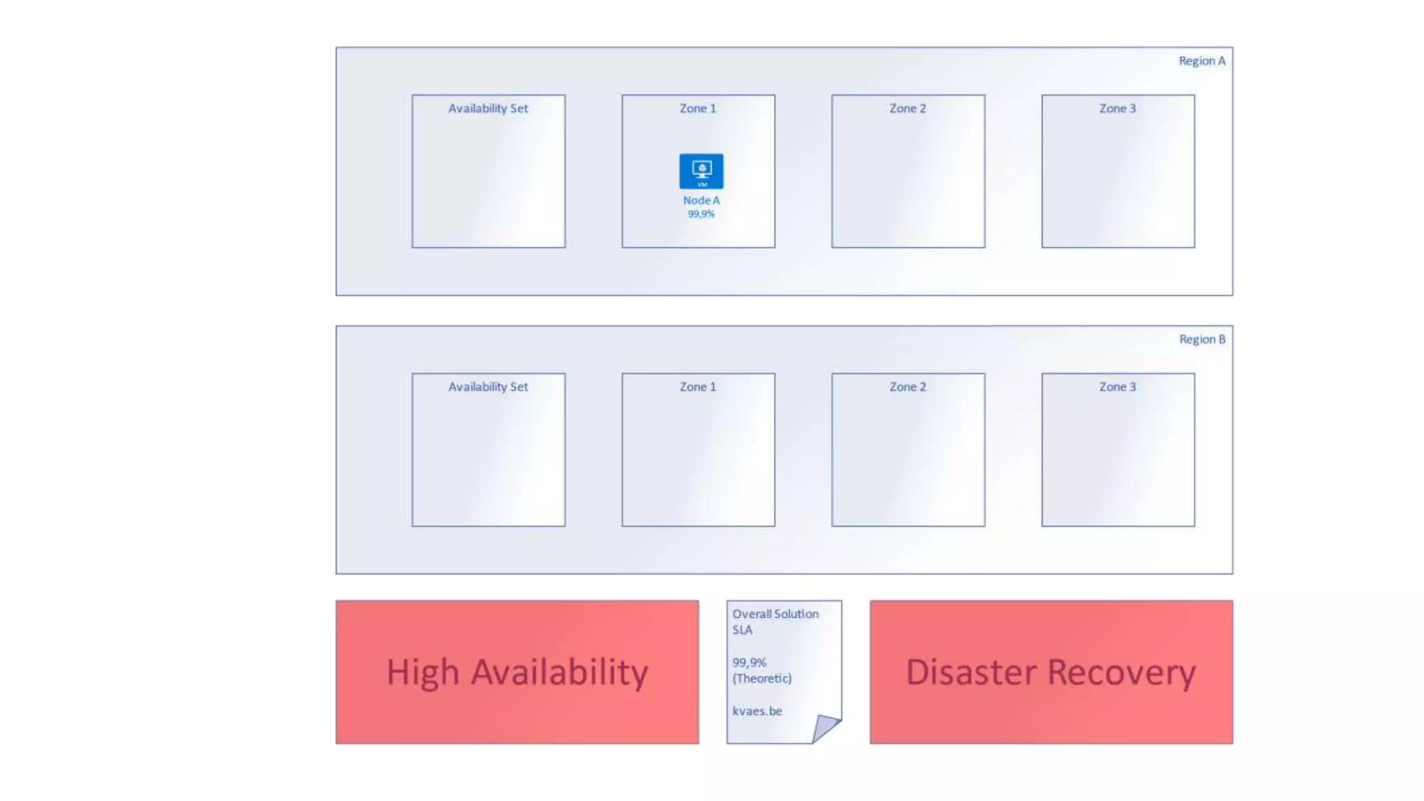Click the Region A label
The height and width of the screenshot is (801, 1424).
point(1201,61)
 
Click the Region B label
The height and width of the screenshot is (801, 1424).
point(1201,339)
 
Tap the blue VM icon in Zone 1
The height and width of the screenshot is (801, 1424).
point(701,171)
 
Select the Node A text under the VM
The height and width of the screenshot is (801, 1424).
point(701,200)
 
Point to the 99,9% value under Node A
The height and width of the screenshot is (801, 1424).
point(701,214)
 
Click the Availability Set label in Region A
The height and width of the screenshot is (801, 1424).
point(488,108)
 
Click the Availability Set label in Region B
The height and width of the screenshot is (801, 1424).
point(488,387)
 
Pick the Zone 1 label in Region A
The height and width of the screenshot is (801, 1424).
point(697,108)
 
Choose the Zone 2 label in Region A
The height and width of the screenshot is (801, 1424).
point(907,108)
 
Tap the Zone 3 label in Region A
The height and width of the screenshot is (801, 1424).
point(1117,108)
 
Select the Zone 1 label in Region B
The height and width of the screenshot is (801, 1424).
point(697,387)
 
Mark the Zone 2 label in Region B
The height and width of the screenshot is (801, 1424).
point(907,387)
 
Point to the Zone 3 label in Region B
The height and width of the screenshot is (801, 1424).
point(1117,387)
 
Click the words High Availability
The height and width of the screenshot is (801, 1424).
point(517,672)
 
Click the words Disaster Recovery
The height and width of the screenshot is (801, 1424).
point(1051,672)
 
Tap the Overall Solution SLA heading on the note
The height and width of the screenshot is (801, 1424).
point(775,622)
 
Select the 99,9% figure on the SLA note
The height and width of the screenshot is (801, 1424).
point(749,663)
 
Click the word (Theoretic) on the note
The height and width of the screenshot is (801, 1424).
point(761,679)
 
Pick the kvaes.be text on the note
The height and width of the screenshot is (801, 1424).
point(757,711)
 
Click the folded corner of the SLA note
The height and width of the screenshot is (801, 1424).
point(825,727)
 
